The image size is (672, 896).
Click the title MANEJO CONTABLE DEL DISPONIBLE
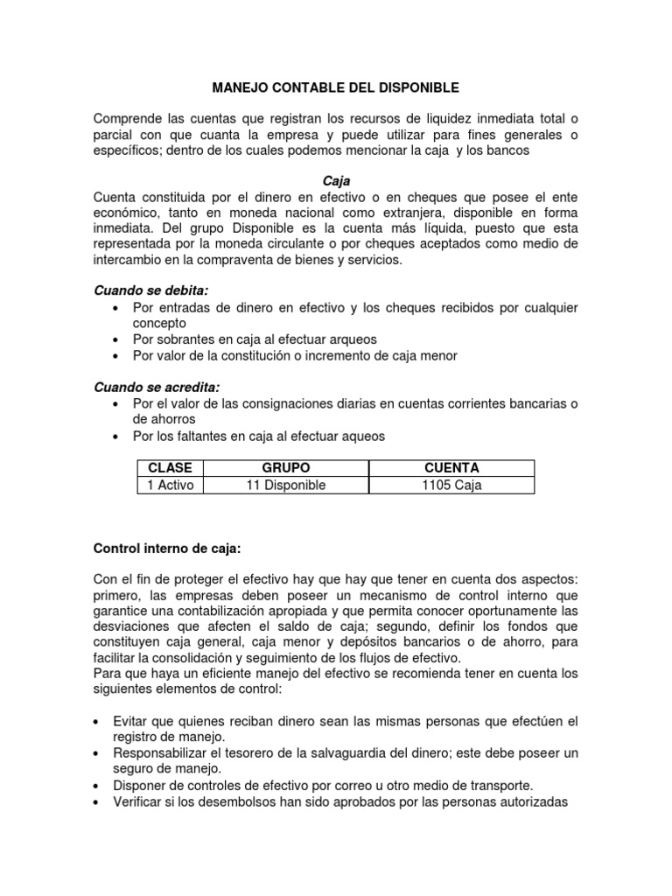click(336, 88)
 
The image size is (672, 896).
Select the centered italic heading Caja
click(336, 181)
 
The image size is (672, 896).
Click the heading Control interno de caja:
click(166, 549)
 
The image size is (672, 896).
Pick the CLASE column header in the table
click(171, 468)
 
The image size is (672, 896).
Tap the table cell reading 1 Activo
click(171, 485)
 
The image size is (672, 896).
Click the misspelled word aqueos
click(364, 436)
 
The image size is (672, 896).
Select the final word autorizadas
click(535, 800)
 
